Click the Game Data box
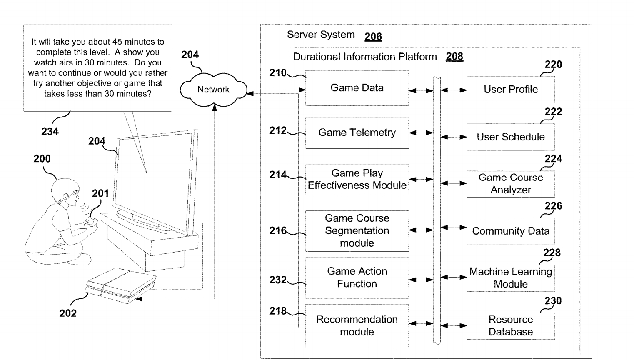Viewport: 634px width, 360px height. click(x=357, y=88)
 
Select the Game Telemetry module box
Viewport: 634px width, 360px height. click(x=357, y=133)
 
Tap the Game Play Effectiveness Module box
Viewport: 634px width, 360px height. click(x=357, y=180)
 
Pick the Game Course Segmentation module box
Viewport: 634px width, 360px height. click(x=357, y=231)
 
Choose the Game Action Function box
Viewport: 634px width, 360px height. click(x=357, y=277)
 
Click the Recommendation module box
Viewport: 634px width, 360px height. click(x=357, y=326)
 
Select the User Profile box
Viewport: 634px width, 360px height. click(x=510, y=90)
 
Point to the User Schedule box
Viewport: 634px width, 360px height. click(x=510, y=137)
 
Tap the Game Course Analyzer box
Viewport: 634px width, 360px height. click(x=510, y=184)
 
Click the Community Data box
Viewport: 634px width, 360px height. click(x=510, y=231)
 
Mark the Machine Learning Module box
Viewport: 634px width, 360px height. click(x=510, y=278)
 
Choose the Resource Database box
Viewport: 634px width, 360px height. click(x=510, y=326)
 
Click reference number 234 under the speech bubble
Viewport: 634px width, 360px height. click(x=50, y=132)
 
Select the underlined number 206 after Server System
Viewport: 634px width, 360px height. click(x=373, y=37)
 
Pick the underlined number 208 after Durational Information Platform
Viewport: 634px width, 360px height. click(x=454, y=57)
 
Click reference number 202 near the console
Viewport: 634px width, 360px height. click(x=68, y=313)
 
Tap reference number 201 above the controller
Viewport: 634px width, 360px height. click(x=100, y=193)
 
